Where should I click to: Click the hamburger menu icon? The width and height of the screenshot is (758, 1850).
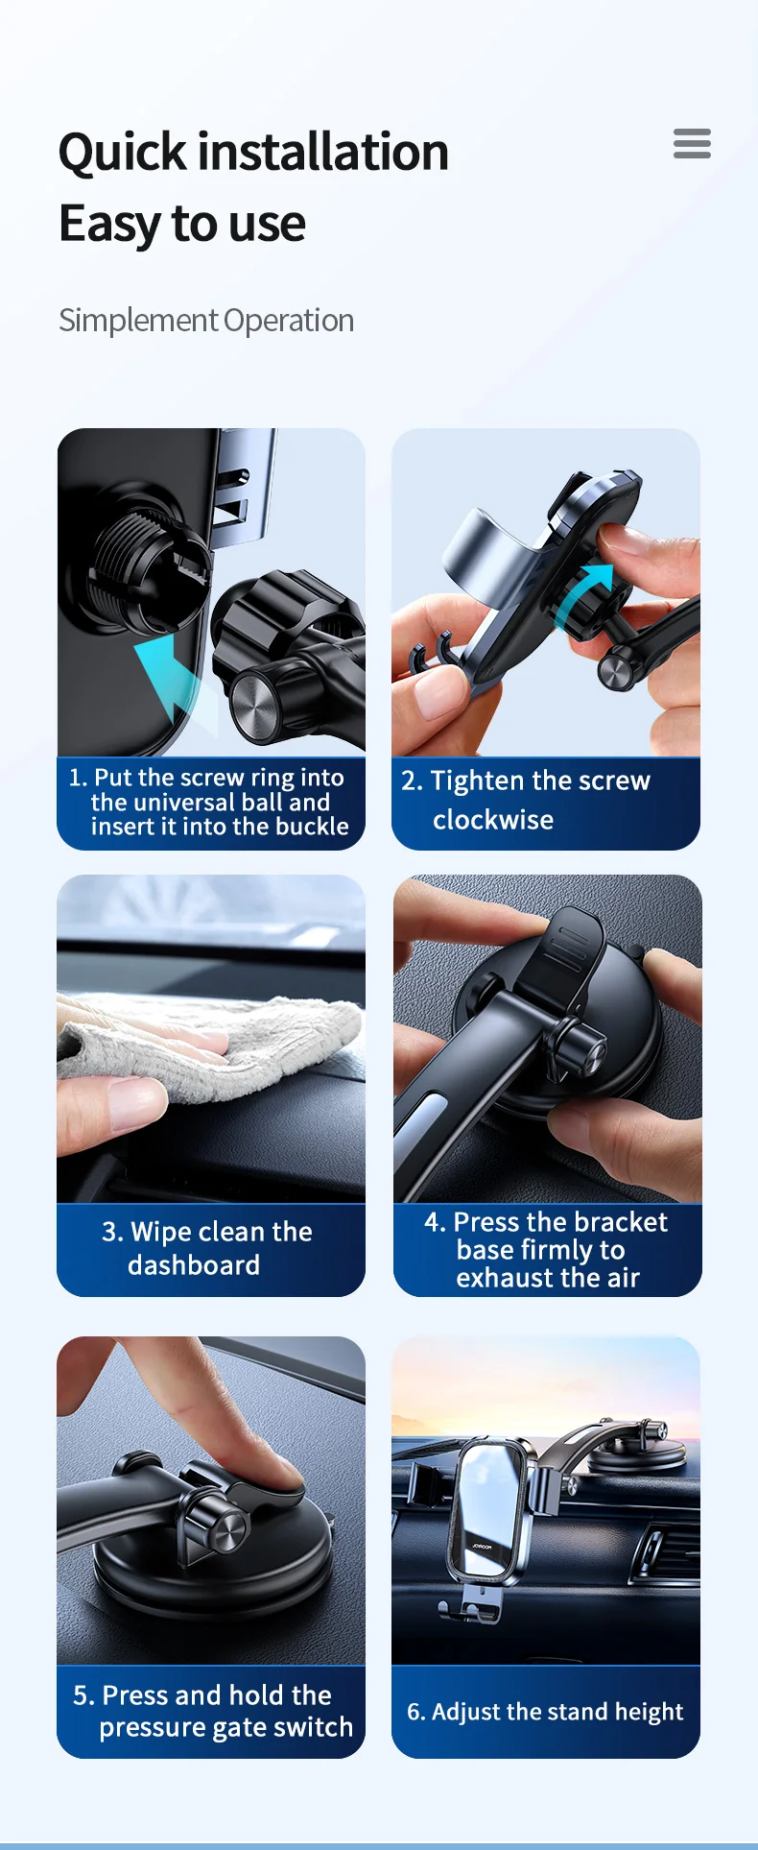click(x=692, y=143)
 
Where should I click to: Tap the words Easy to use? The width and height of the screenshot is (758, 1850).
click(x=182, y=225)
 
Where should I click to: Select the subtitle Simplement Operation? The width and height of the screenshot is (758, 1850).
click(x=206, y=320)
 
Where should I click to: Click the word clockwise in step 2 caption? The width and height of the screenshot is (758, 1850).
click(x=493, y=820)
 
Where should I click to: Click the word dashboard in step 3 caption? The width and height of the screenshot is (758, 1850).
click(x=194, y=1265)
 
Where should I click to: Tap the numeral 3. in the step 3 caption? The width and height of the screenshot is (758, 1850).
click(x=112, y=1232)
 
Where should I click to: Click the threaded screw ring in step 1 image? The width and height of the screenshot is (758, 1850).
click(x=144, y=566)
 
